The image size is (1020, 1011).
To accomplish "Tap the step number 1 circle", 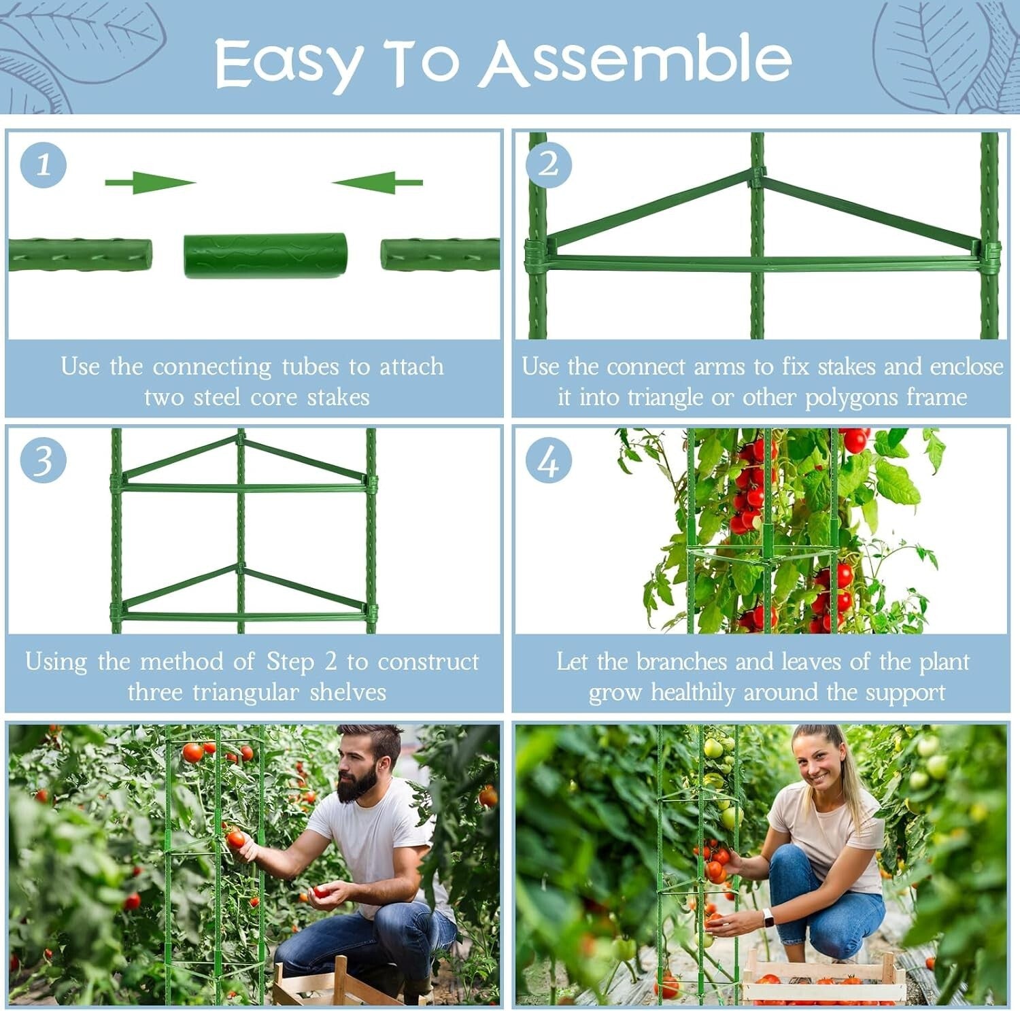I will click(x=44, y=165).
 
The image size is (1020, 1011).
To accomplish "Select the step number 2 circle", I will click(x=548, y=165).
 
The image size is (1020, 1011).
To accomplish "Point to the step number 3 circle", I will click(x=44, y=460).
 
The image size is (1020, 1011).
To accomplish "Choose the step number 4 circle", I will click(x=548, y=462).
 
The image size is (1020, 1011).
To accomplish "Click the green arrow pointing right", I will click(x=150, y=182).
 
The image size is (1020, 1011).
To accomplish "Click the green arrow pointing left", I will click(x=377, y=182).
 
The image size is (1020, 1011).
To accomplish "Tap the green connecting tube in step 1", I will click(x=265, y=256).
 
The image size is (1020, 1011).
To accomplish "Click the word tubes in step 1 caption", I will click(x=309, y=367).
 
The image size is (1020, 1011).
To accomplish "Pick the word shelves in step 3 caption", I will click(x=347, y=693).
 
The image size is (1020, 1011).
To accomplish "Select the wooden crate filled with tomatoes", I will click(x=823, y=979).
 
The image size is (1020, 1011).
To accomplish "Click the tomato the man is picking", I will click(x=236, y=839).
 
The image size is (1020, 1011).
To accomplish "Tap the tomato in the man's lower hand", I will click(x=320, y=892).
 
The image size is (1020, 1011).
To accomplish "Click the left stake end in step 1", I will click(x=80, y=255).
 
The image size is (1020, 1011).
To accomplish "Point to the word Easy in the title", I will click(x=287, y=63).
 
